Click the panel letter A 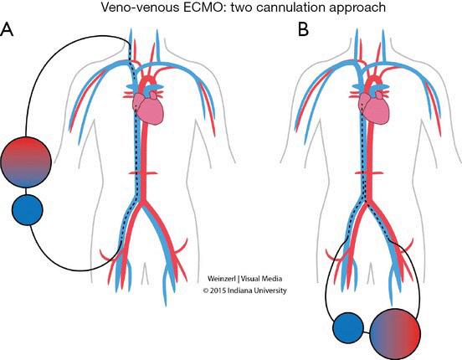tap(7, 30)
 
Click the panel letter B tap(303, 30)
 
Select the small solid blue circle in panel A tap(28, 210)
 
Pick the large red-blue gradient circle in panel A tap(26, 162)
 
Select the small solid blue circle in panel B tap(348, 328)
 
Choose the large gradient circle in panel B tap(395, 334)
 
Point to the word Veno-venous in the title tap(140, 7)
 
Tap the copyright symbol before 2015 tap(206, 291)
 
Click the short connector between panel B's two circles tap(367, 332)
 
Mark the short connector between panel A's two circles tap(27, 191)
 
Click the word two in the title tap(240, 7)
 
